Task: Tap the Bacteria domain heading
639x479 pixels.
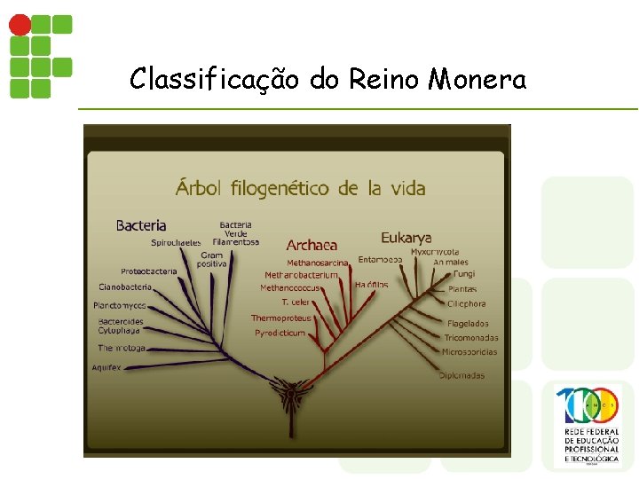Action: coord(141,225)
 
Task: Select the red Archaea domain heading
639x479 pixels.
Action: coord(312,245)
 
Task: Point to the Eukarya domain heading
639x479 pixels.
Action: coord(406,237)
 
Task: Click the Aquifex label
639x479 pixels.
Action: coord(106,367)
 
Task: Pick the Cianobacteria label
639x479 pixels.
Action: coord(125,287)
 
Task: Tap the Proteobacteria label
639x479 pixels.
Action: coord(149,271)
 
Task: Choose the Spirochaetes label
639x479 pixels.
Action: coord(176,242)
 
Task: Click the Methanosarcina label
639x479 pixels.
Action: coord(318,263)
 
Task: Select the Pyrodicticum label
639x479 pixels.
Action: coord(280,334)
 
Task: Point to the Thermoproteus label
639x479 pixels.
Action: coord(281,318)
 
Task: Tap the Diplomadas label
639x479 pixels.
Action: coord(461,376)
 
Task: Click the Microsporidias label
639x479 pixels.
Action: coord(469,352)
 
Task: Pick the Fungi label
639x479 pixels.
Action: coord(464,274)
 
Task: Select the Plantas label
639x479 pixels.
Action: coord(461,289)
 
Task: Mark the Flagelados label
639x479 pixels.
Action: coord(468,324)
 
